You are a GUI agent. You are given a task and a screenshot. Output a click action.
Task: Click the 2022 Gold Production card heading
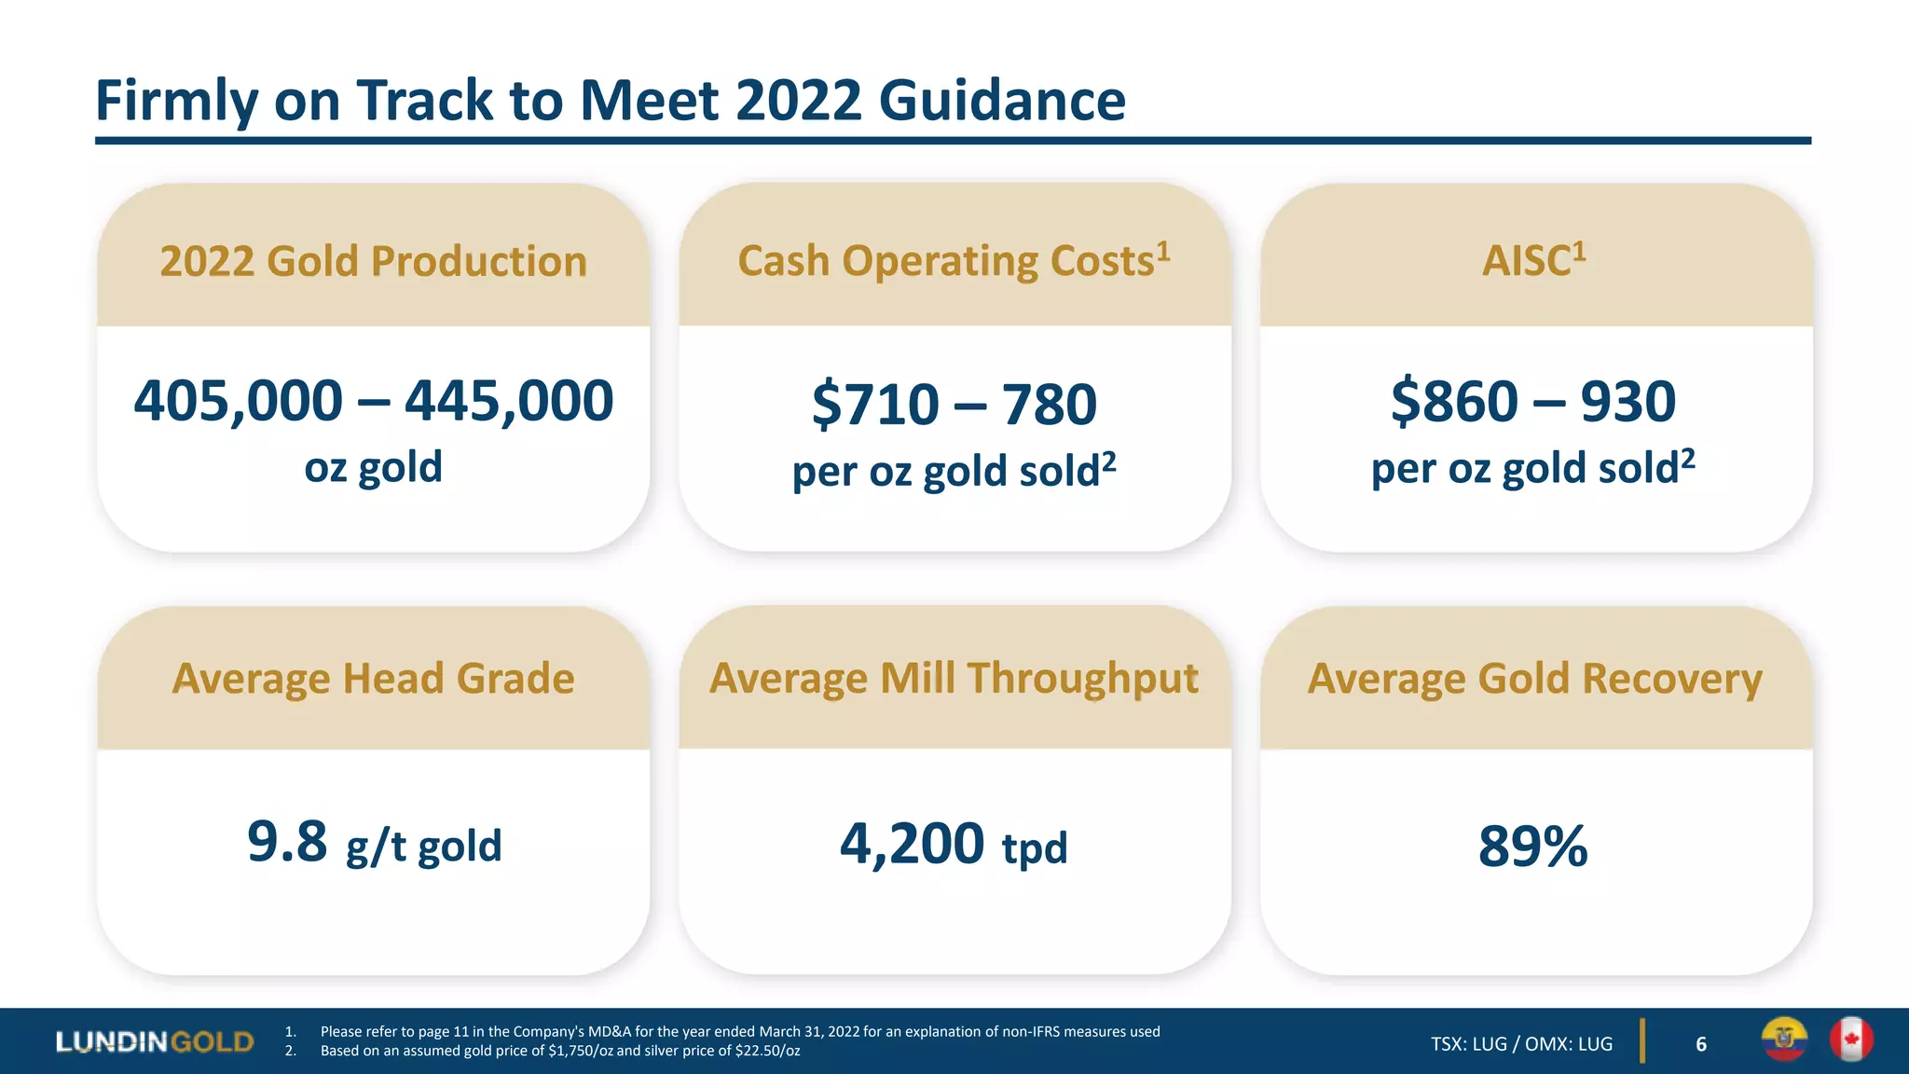pyautogui.click(x=373, y=261)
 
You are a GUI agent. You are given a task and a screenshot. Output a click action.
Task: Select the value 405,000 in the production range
pyautogui.click(x=239, y=401)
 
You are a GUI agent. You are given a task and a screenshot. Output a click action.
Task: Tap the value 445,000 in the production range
pyautogui.click(x=509, y=401)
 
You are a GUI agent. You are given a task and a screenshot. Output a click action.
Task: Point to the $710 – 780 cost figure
pyautogui.click(x=954, y=405)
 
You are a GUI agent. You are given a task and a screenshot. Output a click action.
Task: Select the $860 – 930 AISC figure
pyautogui.click(x=1533, y=402)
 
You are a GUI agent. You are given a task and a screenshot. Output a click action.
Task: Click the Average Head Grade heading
pyautogui.click(x=373, y=679)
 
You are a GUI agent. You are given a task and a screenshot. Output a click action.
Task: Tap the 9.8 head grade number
pyautogui.click(x=287, y=842)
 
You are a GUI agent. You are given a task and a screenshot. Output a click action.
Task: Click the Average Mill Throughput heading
pyautogui.click(x=954, y=679)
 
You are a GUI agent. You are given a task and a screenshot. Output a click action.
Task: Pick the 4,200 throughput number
pyautogui.click(x=912, y=844)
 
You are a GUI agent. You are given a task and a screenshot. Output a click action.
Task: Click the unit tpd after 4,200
pyautogui.click(x=1035, y=848)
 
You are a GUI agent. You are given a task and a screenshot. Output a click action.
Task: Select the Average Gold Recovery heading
pyautogui.click(x=1534, y=679)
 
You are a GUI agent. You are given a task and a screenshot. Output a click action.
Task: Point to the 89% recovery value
pyautogui.click(x=1533, y=847)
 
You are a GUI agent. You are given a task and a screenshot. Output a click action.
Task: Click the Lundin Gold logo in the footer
pyautogui.click(x=155, y=1041)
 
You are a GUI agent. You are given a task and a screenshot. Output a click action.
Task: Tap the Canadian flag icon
pyautogui.click(x=1850, y=1040)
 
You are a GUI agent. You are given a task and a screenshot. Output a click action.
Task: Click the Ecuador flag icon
pyautogui.click(x=1784, y=1040)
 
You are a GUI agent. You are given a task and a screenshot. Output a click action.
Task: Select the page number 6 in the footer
pyautogui.click(x=1701, y=1044)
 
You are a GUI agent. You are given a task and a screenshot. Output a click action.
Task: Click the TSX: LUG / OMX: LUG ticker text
pyautogui.click(x=1521, y=1044)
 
